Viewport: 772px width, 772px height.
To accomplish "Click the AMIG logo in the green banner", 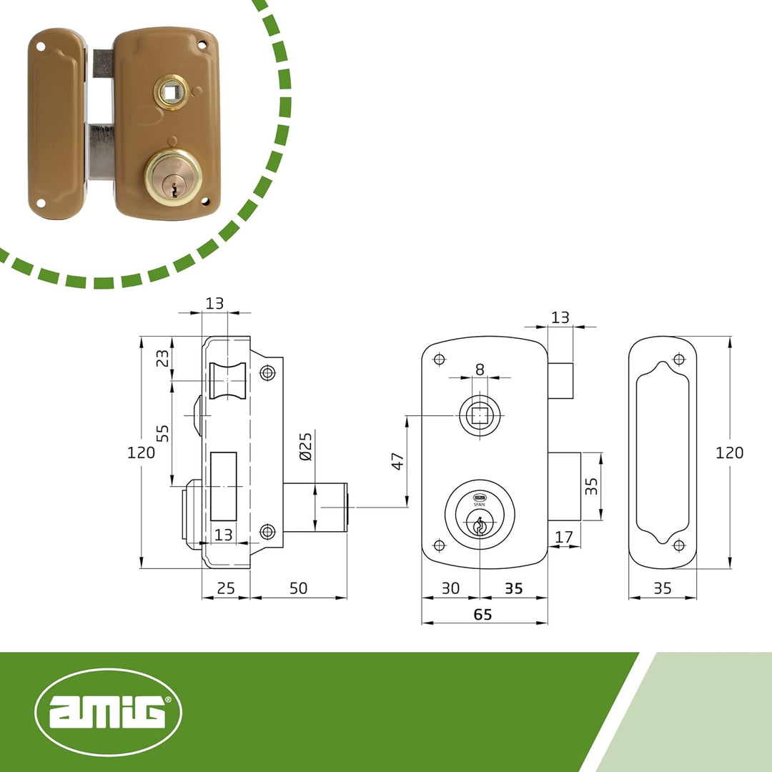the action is [109, 712].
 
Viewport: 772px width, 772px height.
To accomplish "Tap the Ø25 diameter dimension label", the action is [306, 447].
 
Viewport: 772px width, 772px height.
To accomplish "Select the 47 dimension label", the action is [397, 461].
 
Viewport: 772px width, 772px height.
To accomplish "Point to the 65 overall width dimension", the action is [482, 615].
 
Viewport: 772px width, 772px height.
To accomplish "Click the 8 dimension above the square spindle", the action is [480, 369].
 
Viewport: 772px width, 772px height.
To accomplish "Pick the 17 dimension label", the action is [564, 537].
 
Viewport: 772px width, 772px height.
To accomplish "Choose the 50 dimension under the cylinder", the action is [298, 588].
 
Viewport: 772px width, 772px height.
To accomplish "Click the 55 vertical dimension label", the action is [162, 433].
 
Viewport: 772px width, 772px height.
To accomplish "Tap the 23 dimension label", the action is [162, 358].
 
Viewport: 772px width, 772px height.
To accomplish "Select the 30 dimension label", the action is [450, 588].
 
